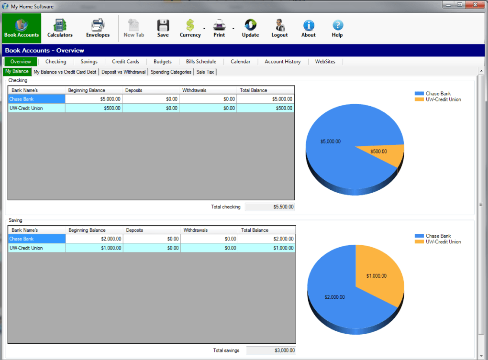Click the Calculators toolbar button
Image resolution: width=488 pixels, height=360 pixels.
[60, 28]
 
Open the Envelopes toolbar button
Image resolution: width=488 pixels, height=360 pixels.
[98, 28]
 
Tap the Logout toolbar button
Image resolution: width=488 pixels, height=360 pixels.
[279, 28]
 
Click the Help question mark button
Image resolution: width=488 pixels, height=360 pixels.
[337, 28]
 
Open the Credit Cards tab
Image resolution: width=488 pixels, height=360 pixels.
[125, 62]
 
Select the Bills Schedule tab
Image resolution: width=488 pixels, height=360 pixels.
[201, 62]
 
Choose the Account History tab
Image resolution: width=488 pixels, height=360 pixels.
[282, 62]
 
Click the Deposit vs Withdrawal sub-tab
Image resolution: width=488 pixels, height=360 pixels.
[123, 72]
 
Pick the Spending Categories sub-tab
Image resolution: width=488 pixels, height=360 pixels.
[171, 72]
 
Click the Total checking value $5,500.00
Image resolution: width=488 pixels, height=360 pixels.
[270, 207]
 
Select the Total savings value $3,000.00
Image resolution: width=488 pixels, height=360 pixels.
[271, 350]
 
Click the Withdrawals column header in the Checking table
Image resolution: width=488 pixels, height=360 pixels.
[208, 90]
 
